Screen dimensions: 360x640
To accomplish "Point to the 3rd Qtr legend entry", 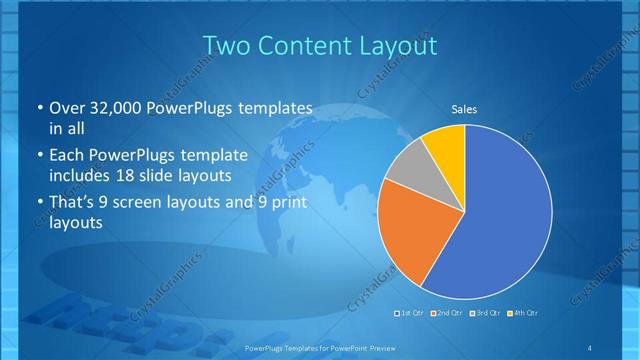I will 486,313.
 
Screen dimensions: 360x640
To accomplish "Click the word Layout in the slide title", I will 396,45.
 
